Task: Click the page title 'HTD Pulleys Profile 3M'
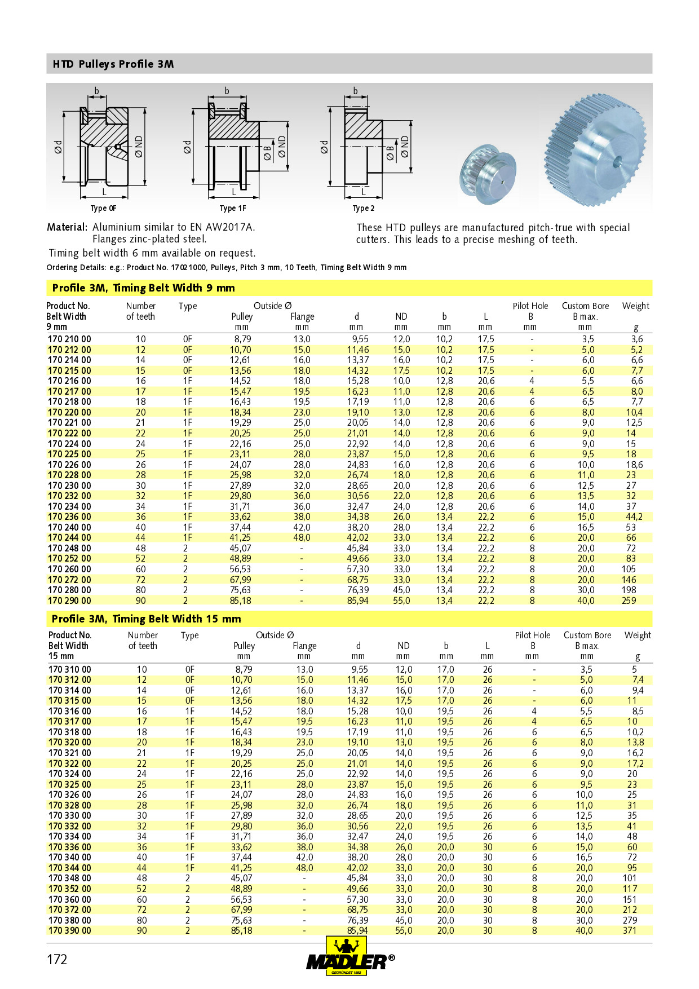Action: coord(113,64)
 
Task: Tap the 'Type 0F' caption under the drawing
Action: coord(104,208)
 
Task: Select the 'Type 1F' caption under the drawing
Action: coord(233,208)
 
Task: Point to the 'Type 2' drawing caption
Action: coord(364,208)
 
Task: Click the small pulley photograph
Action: coord(488,175)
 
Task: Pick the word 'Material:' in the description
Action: coord(67,227)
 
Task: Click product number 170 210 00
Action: coord(69,339)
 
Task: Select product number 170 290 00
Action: coord(69,601)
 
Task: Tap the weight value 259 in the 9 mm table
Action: coord(629,601)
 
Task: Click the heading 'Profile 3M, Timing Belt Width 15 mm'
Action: coord(147,619)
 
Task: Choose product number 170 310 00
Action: coord(69,670)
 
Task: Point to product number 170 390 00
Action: coord(69,931)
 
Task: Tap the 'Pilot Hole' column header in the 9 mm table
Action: coord(530,306)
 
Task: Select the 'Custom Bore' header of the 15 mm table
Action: coord(587,635)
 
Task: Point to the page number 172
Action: coord(57,960)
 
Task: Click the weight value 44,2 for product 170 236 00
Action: coord(634,517)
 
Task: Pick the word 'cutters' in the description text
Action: coord(372,240)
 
